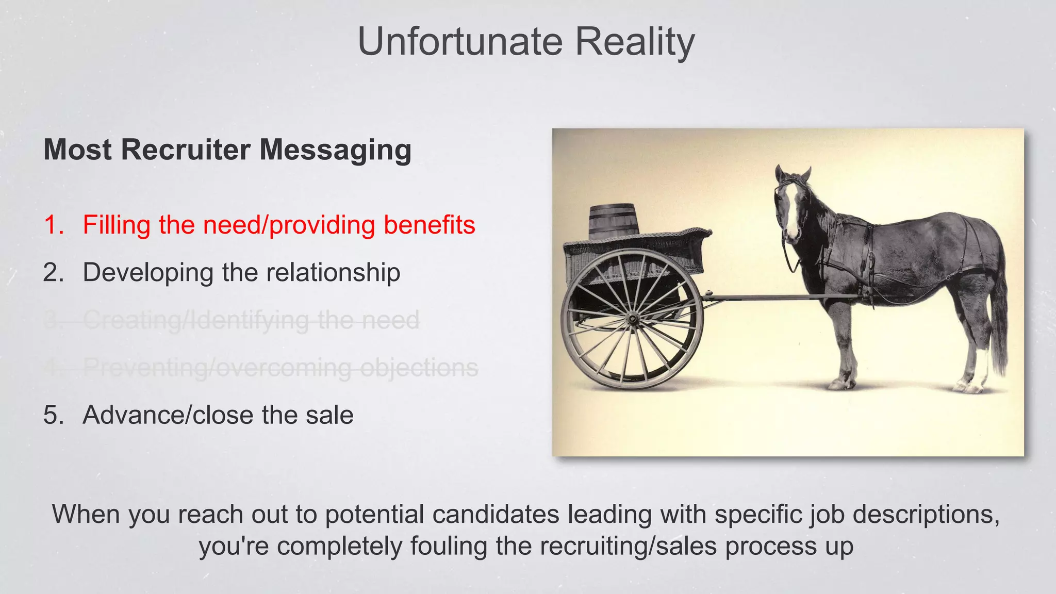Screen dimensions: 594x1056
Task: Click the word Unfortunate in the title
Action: (x=460, y=42)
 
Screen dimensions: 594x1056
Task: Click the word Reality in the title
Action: (x=635, y=43)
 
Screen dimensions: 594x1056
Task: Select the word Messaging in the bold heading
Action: (x=335, y=150)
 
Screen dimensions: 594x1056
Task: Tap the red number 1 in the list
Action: (x=54, y=225)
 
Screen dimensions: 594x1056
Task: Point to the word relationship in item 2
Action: (x=333, y=273)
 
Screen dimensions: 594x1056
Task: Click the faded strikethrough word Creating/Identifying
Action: (x=196, y=320)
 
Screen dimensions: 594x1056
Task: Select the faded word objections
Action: (x=419, y=368)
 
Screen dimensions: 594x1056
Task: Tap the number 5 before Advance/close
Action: (x=52, y=415)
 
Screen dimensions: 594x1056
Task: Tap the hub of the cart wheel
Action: (x=632, y=320)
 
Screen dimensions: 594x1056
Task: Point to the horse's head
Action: (x=791, y=206)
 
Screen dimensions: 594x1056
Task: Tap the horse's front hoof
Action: (x=840, y=384)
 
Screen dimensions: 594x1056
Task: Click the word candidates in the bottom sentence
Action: (x=496, y=515)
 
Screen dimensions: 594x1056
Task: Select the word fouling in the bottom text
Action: (x=449, y=547)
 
